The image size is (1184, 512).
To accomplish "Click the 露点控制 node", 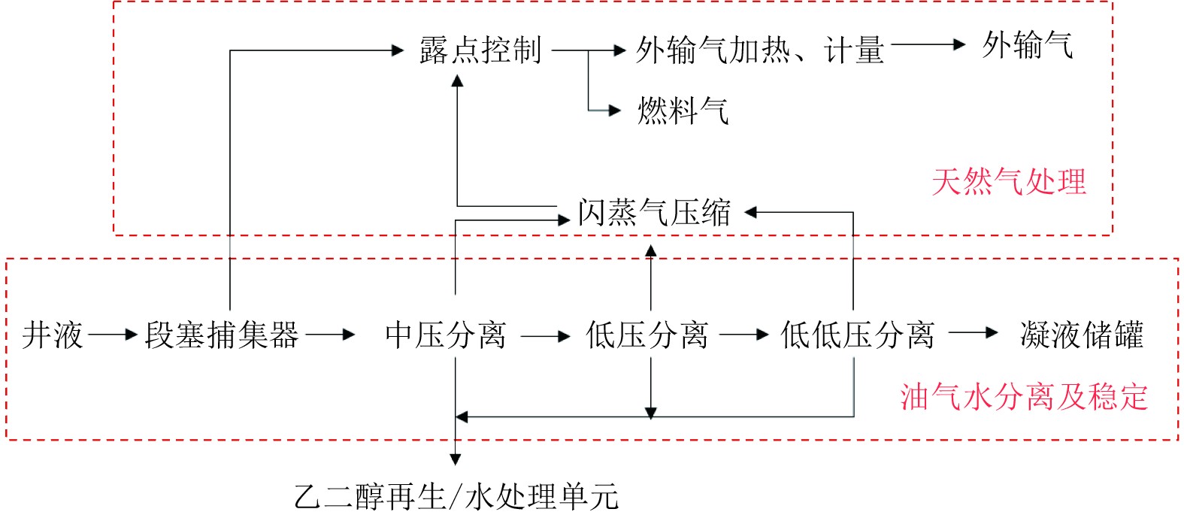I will point(480,50).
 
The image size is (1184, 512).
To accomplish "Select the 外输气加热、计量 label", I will point(759,50).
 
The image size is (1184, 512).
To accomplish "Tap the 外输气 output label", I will point(1027,45).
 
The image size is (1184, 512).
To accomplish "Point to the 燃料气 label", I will point(683,111).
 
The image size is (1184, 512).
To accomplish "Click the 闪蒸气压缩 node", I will point(654,213).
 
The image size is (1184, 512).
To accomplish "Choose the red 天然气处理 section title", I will point(1009,182).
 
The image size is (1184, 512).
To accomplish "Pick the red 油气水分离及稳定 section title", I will point(1024,396).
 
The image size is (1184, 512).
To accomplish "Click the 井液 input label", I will point(52,335).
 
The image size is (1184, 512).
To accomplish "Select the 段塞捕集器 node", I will point(222,335).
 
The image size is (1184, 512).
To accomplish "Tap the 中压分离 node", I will point(446,335).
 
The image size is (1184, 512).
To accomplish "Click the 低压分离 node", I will point(647,335).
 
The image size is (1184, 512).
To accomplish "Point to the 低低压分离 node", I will point(857,335).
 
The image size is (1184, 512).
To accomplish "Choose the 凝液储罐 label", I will point(1081,335).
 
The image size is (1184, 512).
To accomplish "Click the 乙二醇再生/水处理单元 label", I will point(456,496).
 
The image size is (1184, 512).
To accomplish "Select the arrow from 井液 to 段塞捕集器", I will point(113,335).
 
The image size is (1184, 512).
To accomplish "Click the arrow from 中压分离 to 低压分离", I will point(546,335).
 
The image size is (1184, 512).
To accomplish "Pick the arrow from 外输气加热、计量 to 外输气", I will point(928,45).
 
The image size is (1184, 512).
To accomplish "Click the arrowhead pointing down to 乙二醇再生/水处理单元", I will point(455,459).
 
